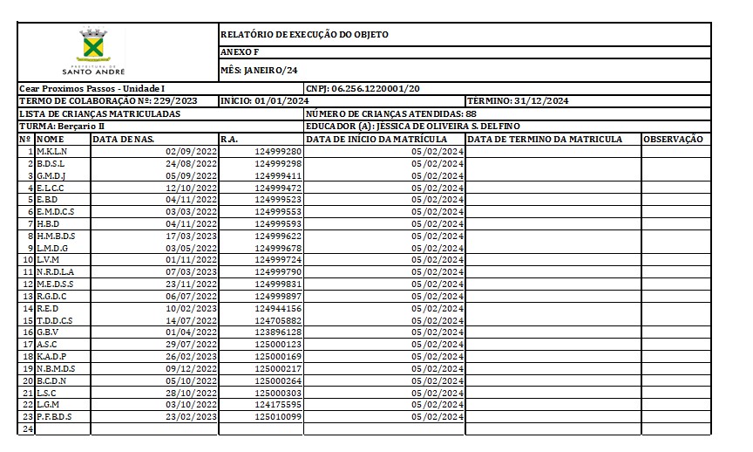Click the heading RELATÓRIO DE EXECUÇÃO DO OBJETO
304,35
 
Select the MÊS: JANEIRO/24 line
259,70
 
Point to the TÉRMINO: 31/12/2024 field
518,101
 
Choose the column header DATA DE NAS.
125,139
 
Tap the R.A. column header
229,139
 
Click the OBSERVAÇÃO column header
673,139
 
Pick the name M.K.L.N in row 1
52,152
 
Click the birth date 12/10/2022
191,188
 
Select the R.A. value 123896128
278,332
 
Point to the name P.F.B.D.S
54,416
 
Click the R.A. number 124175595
278,405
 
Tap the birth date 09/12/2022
191,368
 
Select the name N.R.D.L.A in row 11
56,272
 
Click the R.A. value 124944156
278,308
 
